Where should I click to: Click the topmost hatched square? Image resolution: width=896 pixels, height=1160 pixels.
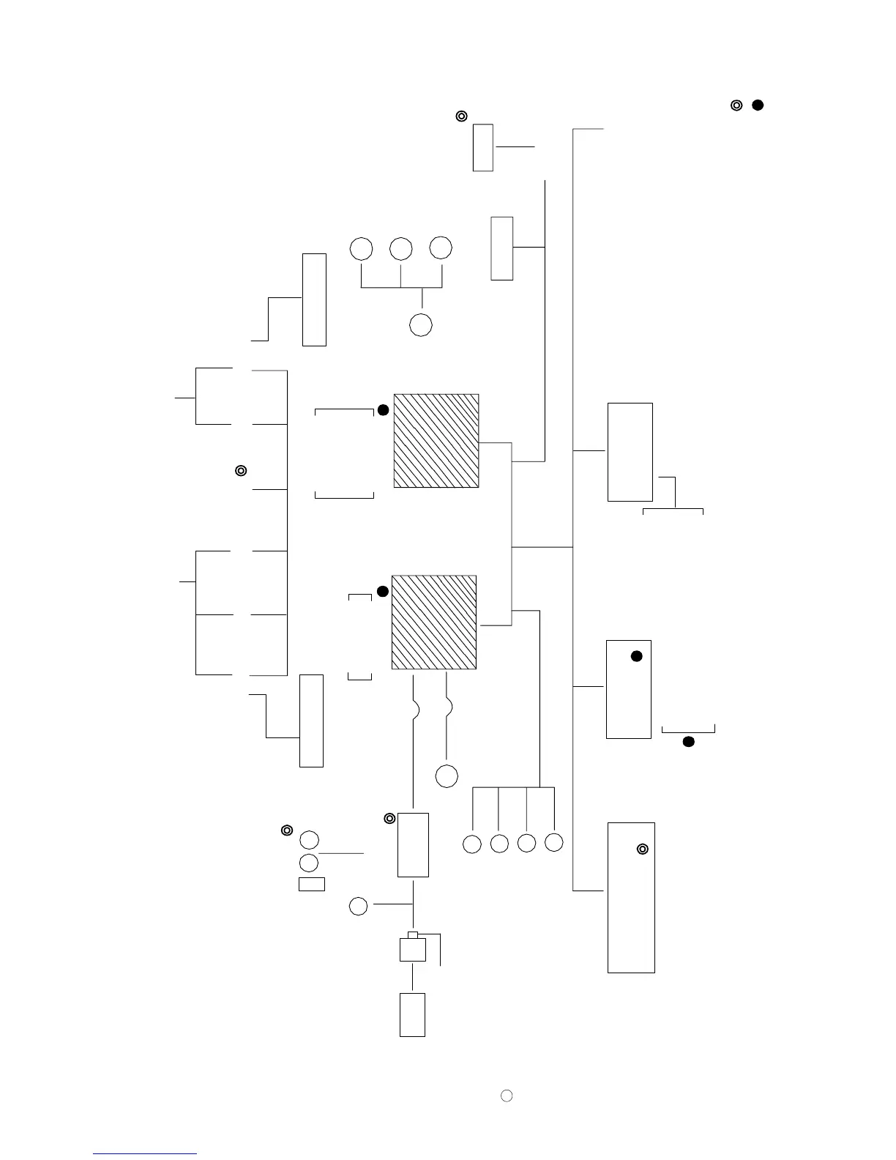click(x=436, y=441)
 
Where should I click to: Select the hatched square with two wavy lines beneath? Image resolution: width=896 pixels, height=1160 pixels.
click(x=434, y=622)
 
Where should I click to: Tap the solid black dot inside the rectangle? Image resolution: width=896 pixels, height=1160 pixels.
click(x=637, y=656)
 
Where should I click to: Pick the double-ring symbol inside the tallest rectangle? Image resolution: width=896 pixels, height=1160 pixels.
click(x=643, y=849)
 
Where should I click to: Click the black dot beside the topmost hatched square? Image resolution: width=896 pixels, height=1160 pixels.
click(x=383, y=410)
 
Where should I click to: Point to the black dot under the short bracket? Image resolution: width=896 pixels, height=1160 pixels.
click(x=688, y=742)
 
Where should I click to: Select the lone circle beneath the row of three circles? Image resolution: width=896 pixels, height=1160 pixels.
click(x=421, y=324)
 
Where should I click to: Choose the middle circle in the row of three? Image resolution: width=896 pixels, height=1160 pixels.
click(x=401, y=249)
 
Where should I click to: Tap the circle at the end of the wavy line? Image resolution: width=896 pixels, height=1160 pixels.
click(x=447, y=776)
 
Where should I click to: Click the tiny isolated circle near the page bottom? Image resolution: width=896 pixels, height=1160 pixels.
click(x=506, y=1096)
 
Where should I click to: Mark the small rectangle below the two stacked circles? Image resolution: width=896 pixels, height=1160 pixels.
click(x=312, y=884)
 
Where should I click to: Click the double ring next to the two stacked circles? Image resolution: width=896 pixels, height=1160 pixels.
click(x=288, y=830)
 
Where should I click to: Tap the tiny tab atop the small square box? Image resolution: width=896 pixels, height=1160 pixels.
click(x=414, y=935)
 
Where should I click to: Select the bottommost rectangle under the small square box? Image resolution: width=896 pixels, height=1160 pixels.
click(x=412, y=1015)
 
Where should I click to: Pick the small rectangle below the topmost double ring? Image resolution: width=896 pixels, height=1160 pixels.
click(x=483, y=147)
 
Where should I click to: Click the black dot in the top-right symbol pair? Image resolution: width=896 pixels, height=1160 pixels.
click(x=758, y=105)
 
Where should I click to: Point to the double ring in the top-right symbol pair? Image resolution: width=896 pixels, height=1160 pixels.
click(x=737, y=105)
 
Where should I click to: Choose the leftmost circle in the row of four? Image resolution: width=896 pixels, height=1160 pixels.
click(x=472, y=844)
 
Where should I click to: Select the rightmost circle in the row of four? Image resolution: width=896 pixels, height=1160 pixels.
click(x=554, y=843)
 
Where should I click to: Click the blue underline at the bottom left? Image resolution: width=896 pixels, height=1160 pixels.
click(x=145, y=1155)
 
